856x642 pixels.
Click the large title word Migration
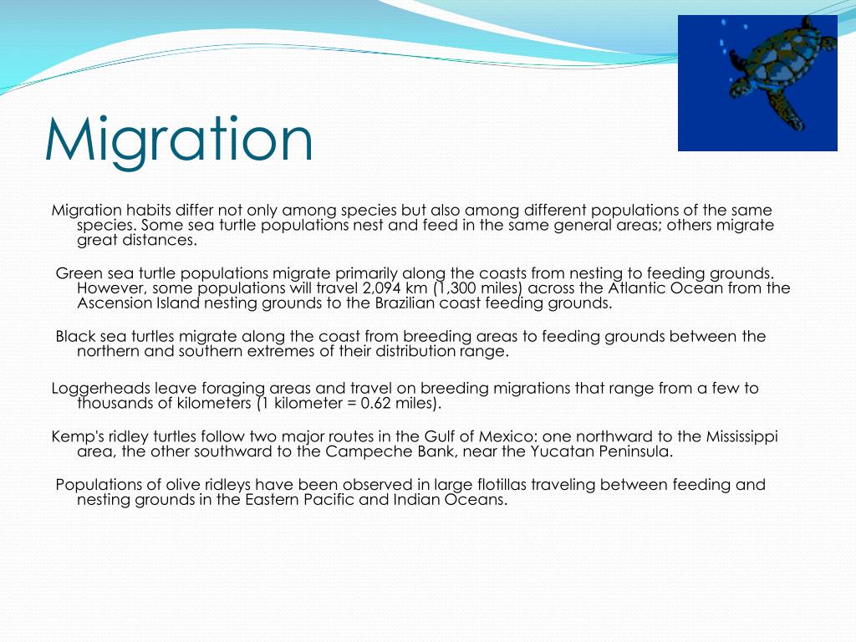[179, 140]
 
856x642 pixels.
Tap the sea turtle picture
[757, 83]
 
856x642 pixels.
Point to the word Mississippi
[741, 437]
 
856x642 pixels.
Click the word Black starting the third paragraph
[74, 337]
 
